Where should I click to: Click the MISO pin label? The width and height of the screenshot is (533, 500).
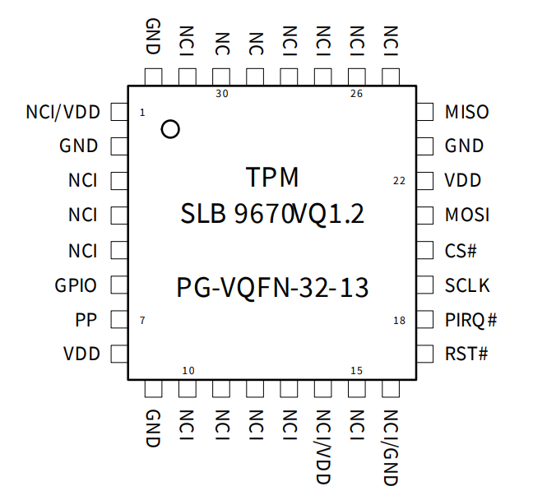point(466,112)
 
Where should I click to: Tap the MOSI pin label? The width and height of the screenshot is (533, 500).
point(466,215)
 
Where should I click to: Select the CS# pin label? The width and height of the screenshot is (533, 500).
point(461,250)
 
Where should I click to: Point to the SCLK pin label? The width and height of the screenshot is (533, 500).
point(466,285)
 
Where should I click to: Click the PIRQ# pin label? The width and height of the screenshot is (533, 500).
point(470,320)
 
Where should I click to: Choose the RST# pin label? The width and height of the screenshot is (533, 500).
point(466,354)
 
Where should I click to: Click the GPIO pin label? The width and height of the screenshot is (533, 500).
point(76,285)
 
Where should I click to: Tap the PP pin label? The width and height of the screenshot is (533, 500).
point(86,320)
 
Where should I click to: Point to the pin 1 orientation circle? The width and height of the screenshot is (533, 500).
point(170,129)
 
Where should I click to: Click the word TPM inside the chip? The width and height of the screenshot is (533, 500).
point(272,177)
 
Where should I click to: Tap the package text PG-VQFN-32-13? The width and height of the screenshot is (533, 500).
point(272,289)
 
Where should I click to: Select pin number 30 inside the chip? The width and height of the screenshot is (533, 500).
point(221,94)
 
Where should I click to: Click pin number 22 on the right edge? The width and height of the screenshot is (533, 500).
point(399,181)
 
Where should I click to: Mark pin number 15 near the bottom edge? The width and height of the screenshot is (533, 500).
point(356,371)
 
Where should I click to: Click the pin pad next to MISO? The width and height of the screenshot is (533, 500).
point(425,112)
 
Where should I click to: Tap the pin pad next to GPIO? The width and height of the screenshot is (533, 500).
point(118,285)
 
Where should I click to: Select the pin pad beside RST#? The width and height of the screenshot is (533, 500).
point(425,354)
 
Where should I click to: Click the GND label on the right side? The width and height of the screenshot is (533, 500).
point(465,146)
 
